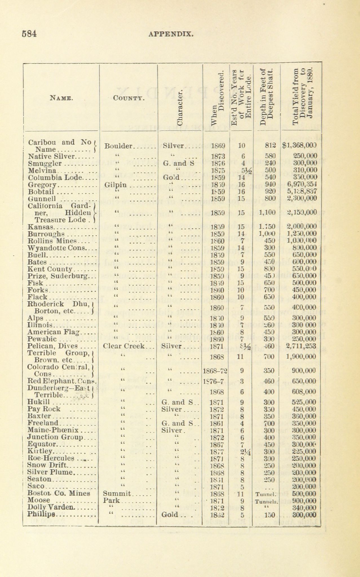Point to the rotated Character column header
181,107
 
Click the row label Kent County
50,269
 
